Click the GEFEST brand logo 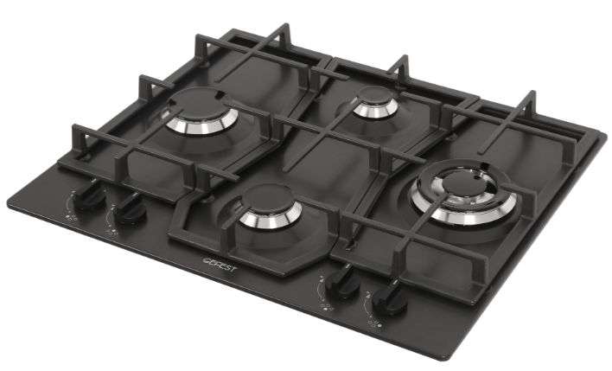pyautogui.click(x=220, y=265)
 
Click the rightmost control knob pyautogui.click(x=389, y=302)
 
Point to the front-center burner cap pyautogui.click(x=267, y=201)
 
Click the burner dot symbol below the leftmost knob pyautogui.click(x=71, y=218)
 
